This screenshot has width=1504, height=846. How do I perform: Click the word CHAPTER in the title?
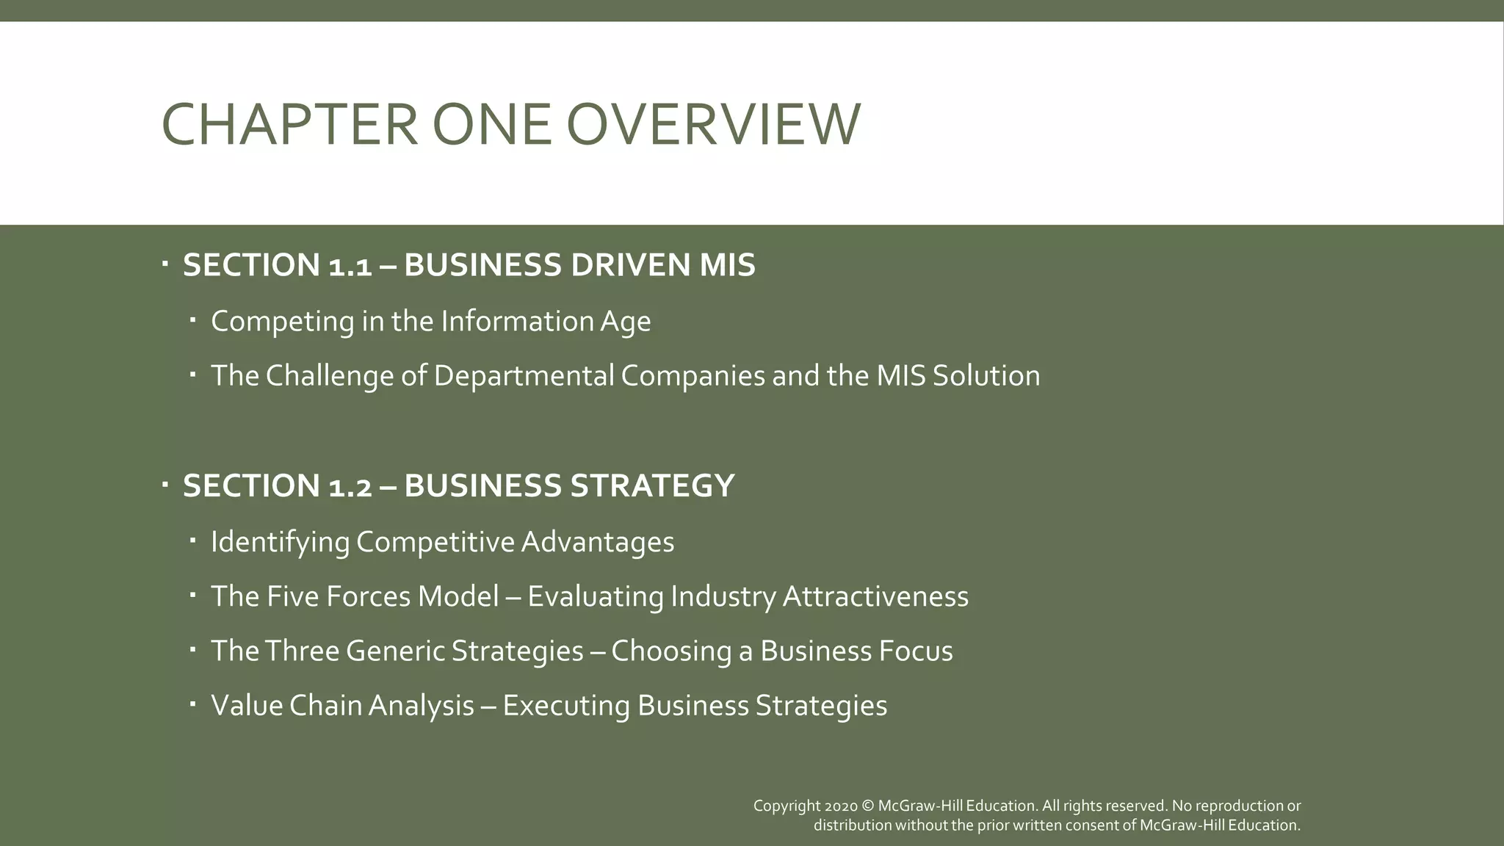[289, 124]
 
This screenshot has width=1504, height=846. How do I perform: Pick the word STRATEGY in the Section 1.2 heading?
[653, 486]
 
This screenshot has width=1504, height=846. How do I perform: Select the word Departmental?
[523, 376]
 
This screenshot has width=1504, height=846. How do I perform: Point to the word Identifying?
[280, 542]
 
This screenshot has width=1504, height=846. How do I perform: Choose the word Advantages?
[597, 542]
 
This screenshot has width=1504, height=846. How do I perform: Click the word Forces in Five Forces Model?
[368, 596]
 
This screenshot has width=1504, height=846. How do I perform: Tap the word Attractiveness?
[875, 596]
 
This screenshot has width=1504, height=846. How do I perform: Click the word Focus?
[918, 651]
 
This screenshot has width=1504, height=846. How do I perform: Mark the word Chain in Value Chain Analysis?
[325, 706]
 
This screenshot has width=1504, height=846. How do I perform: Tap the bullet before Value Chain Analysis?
[192, 704]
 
